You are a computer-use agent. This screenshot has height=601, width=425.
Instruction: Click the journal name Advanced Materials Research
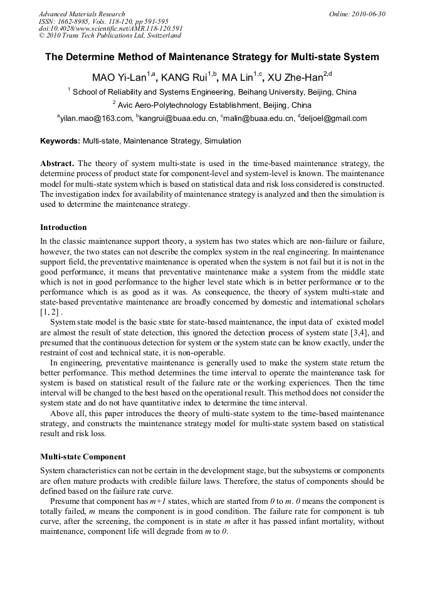coord(81,14)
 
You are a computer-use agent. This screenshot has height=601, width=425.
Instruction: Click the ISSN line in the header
coord(103,21)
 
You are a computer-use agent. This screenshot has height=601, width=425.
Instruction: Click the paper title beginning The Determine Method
coord(212,57)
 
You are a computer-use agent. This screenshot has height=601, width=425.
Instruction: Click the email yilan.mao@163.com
coord(96,118)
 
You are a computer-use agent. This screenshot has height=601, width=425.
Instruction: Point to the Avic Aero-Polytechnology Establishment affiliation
coord(212,105)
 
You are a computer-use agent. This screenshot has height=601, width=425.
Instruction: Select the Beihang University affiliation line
coord(212,91)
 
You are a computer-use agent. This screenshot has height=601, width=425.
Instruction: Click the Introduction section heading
coord(63,227)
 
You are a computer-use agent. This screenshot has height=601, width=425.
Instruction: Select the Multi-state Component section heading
coord(83,456)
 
